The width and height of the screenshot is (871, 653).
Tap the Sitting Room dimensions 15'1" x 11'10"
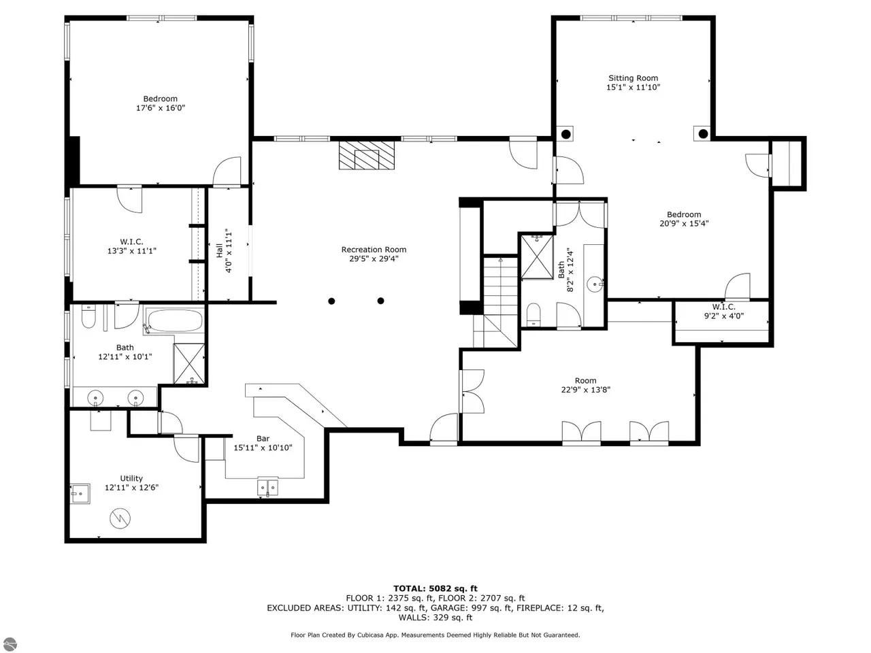pyautogui.click(x=633, y=87)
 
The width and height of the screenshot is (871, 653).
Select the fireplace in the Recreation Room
pyautogui.click(x=366, y=155)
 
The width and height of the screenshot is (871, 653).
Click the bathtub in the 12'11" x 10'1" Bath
pyautogui.click(x=175, y=320)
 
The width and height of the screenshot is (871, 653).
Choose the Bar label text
pyautogui.click(x=263, y=439)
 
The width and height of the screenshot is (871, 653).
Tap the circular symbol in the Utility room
pyautogui.click(x=120, y=518)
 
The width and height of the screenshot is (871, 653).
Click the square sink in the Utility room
pyautogui.click(x=80, y=494)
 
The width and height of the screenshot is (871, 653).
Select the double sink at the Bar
pyautogui.click(x=267, y=487)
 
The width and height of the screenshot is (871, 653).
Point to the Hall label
pyautogui.click(x=219, y=250)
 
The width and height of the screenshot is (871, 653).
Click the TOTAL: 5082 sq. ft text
pyautogui.click(x=435, y=588)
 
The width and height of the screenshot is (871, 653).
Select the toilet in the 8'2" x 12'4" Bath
pyautogui.click(x=533, y=315)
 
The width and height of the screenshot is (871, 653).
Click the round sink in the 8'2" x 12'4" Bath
pyautogui.click(x=595, y=284)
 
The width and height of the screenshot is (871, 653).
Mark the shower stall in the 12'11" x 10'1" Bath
pyautogui.click(x=189, y=363)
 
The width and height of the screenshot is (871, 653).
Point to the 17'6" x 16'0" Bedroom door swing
pyautogui.click(x=227, y=171)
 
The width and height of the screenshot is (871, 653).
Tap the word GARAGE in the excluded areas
pyautogui.click(x=446, y=608)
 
